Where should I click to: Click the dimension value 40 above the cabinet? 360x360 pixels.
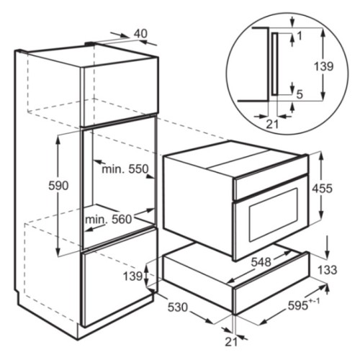click(x=140, y=34)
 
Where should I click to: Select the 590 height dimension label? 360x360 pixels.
click(x=58, y=186)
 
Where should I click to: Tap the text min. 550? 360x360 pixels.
click(x=125, y=169)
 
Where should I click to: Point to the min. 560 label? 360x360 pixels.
click(x=109, y=220)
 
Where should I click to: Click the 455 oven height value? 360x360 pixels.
click(x=323, y=189)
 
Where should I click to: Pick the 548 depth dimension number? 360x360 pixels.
click(x=261, y=262)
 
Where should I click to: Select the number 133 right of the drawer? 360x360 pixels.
click(x=328, y=270)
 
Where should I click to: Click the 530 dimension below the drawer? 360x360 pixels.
click(x=178, y=307)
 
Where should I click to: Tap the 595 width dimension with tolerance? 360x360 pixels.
click(x=304, y=305)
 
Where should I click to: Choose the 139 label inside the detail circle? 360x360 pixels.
click(x=324, y=66)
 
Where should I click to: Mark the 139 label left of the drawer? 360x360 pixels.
click(x=133, y=276)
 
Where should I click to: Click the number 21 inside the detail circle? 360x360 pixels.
click(x=272, y=125)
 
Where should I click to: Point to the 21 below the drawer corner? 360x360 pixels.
click(x=231, y=342)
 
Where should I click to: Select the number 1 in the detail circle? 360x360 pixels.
click(x=300, y=36)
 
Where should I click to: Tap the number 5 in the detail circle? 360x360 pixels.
click(x=300, y=95)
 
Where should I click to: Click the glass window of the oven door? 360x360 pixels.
click(x=274, y=215)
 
